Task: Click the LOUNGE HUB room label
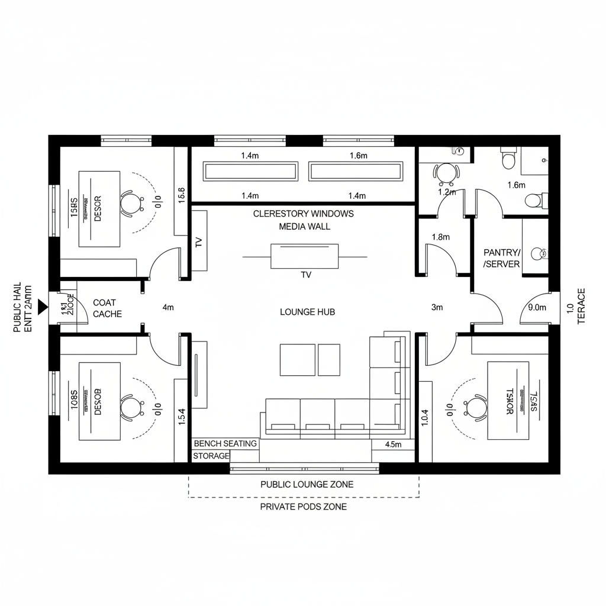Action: [x=307, y=312]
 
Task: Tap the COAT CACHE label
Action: [x=108, y=308]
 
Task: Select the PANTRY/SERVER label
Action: [x=502, y=258]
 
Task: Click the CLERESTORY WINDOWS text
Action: [x=304, y=214]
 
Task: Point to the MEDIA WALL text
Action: [x=304, y=226]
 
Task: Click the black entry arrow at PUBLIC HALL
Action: [x=41, y=306]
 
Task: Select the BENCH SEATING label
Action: [x=225, y=443]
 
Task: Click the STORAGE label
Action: [x=211, y=456]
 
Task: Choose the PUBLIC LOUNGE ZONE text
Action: [x=307, y=484]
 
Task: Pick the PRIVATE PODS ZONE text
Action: [x=304, y=507]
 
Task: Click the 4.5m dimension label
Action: [x=393, y=444]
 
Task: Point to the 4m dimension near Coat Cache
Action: [x=168, y=307]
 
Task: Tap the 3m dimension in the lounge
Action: [x=437, y=307]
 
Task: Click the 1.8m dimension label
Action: [x=441, y=237]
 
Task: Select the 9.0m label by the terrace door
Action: [x=537, y=307]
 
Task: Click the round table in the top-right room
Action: [x=447, y=172]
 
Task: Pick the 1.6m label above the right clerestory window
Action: [x=359, y=156]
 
